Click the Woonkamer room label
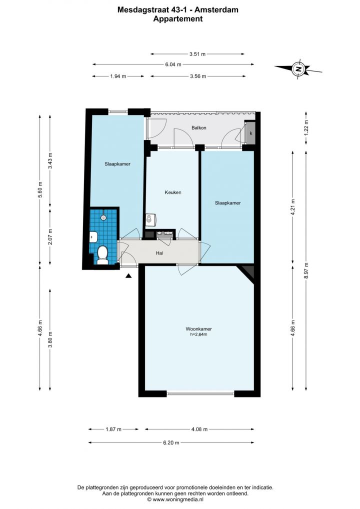pos(198,329)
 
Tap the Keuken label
pos(173,192)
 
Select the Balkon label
pos(198,127)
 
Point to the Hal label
pos(159,253)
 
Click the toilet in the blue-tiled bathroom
pos(102,255)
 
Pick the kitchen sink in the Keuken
pos(151,219)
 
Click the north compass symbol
pos(298,69)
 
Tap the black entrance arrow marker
pos(129,276)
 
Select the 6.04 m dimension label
pos(173,64)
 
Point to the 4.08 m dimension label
pos(199,429)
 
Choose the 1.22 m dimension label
pos(306,127)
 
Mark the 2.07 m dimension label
pos(50,236)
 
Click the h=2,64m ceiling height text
pos(198,334)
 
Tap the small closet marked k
pos(250,133)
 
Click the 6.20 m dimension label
pos(171,442)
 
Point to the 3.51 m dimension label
pos(197,54)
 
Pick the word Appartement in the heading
pos(178,19)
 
